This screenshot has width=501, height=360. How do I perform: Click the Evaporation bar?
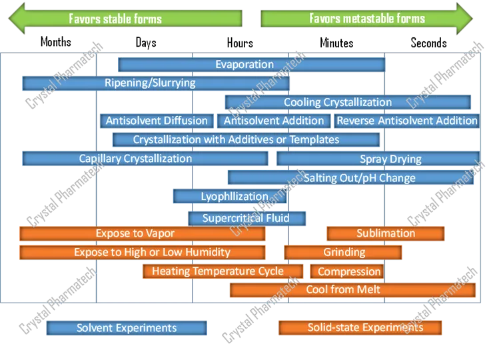tap(251, 65)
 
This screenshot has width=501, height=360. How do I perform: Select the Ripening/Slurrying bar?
tap(156, 83)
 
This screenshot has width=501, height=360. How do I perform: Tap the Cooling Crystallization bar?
tap(348, 102)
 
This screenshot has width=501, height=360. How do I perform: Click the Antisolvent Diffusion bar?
tap(157, 121)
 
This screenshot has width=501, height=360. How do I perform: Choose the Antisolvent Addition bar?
tap(274, 121)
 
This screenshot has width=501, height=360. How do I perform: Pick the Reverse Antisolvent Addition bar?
tap(406, 121)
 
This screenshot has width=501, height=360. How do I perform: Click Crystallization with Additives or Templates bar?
tap(246, 139)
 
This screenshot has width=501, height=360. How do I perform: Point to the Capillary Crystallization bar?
tap(145, 159)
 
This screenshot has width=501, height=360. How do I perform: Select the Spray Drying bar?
tap(378, 159)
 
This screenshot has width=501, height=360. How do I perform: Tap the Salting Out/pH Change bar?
tap(350, 177)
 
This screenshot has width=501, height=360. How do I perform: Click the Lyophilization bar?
tap(230, 196)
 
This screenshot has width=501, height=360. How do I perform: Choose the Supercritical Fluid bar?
tap(247, 218)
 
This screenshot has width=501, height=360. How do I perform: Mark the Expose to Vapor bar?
tap(143, 233)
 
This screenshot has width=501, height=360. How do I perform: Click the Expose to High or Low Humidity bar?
tap(143, 253)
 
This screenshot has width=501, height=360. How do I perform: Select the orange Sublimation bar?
tap(386, 233)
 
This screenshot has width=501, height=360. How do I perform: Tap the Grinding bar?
tap(343, 253)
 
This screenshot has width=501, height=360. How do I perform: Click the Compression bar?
tap(346, 271)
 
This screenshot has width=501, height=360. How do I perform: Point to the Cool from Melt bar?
tap(352, 290)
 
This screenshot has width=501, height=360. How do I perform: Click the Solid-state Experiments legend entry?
tap(360, 327)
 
